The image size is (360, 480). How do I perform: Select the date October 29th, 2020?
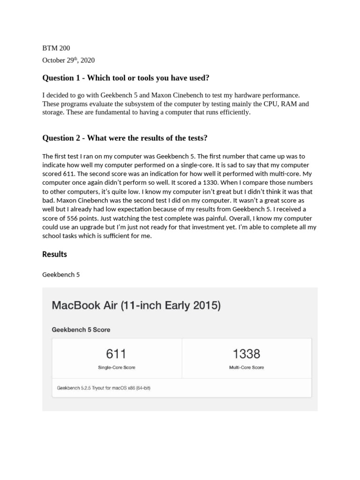point(68,60)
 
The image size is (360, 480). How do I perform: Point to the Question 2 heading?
point(125,138)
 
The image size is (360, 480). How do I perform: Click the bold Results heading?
point(55,254)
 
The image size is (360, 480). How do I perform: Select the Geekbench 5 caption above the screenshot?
point(61,275)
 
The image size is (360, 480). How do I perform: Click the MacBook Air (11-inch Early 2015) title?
point(136,306)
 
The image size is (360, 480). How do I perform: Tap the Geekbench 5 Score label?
point(81,330)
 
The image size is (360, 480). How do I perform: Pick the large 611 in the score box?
point(116,353)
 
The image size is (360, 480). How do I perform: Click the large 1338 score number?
point(246,353)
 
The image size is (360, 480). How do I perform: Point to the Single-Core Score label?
point(116,367)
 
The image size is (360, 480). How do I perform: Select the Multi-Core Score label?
point(246,367)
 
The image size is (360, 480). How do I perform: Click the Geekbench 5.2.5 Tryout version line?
point(104,388)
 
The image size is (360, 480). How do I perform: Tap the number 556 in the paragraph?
point(71,218)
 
